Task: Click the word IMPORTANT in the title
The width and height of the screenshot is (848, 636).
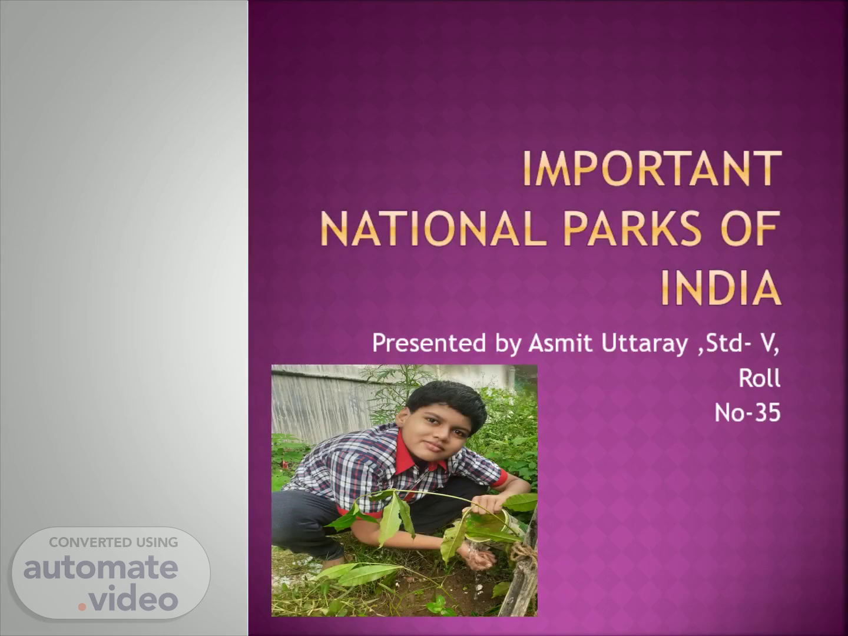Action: coord(652,169)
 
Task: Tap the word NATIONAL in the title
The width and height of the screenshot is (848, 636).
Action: coord(433,228)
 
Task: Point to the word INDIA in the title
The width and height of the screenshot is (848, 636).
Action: coord(720,288)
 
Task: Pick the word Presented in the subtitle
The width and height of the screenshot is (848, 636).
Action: coord(429,343)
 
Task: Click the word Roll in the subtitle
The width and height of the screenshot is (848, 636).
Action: coord(760,377)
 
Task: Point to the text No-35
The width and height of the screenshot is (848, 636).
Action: coord(747,412)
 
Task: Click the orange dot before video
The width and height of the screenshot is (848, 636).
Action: coord(82,607)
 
